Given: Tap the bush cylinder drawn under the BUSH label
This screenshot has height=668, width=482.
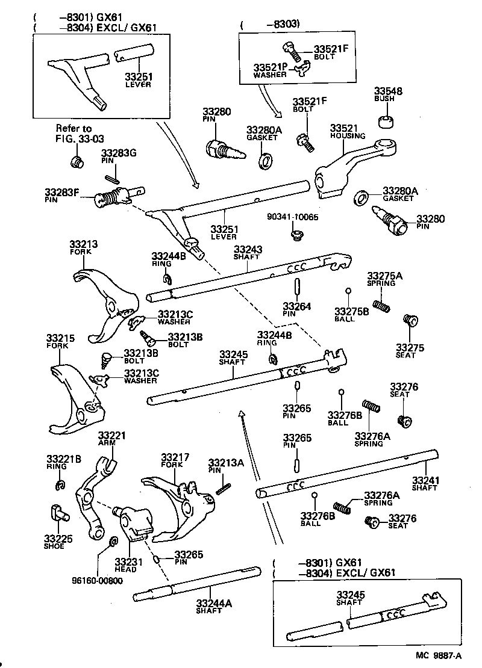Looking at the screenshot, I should [386, 120].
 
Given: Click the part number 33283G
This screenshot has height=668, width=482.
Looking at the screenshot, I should [119, 153].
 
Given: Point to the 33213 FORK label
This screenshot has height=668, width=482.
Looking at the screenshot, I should [83, 247].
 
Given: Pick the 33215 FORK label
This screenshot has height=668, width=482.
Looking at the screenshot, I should [60, 342].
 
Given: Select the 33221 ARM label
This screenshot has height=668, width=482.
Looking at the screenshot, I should [110, 439].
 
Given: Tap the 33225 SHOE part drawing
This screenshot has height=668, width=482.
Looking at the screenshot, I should [58, 513].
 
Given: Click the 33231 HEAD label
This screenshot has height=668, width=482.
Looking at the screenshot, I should [128, 565].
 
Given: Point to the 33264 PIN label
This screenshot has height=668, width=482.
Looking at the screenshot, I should [297, 310].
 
